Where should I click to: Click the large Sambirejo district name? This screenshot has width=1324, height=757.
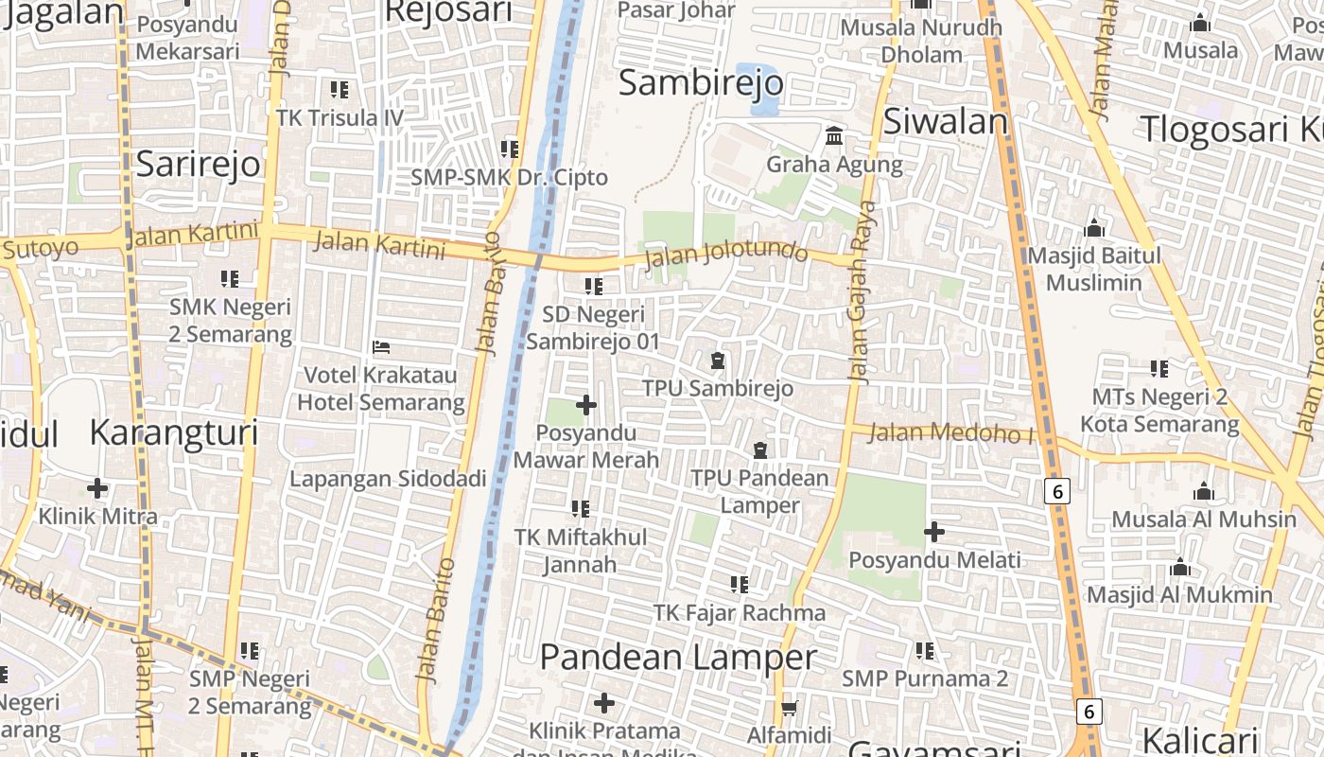click(x=700, y=83)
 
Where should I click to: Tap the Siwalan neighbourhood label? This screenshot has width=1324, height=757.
click(x=946, y=121)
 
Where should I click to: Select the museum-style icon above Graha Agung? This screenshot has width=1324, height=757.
click(x=834, y=136)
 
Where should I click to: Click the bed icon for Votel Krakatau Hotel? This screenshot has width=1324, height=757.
click(x=381, y=347)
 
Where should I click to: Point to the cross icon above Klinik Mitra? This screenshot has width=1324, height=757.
click(x=97, y=488)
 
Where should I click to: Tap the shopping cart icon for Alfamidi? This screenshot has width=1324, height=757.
click(x=789, y=708)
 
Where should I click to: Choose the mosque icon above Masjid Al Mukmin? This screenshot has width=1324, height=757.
click(x=1179, y=568)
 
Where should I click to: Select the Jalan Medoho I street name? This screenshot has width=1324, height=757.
click(x=950, y=433)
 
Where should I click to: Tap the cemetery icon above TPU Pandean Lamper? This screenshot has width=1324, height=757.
click(x=759, y=450)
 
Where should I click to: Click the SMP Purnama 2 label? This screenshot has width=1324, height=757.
click(x=925, y=678)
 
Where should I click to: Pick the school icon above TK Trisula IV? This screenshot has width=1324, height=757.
click(x=340, y=90)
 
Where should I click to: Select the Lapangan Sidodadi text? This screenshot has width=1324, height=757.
click(x=388, y=479)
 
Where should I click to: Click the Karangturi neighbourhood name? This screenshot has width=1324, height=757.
click(x=173, y=432)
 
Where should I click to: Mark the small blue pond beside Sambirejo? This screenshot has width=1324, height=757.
click(x=757, y=89)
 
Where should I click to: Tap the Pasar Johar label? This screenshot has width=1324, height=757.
click(x=676, y=10)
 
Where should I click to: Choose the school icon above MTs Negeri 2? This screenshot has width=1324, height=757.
click(x=1159, y=369)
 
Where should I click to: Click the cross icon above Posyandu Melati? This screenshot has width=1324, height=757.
click(x=934, y=532)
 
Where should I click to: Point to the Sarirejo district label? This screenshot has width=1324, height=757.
click(x=198, y=164)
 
